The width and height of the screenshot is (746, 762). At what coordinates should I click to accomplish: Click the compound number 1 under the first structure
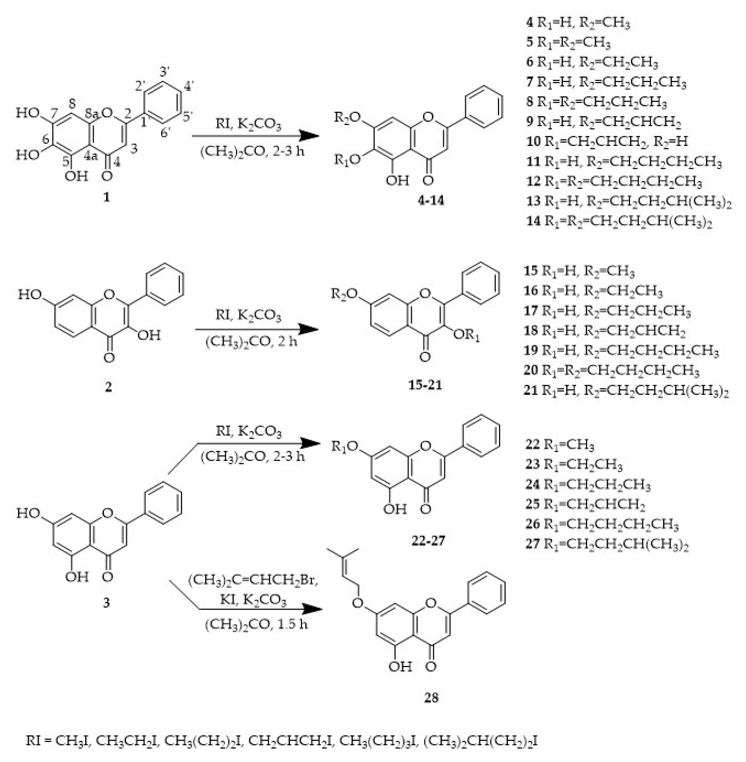pos(106,197)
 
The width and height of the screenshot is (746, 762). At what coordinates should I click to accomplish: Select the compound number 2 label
pos(108,387)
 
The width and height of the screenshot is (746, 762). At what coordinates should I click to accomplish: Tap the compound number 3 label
pos(106,602)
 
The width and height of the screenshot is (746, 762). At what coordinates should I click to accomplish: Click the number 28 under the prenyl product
pos(431,698)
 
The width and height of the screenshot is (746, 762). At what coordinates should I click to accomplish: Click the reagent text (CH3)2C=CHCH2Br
pos(253,580)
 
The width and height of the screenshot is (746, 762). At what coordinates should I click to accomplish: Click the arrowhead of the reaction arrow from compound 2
pos(310,329)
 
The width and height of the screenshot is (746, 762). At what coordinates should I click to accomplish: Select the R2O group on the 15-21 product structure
pos(344,294)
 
